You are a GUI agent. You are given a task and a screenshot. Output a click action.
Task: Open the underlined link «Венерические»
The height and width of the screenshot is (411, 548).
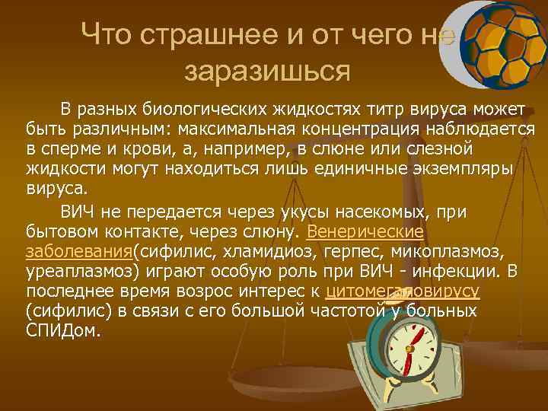click(364, 231)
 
